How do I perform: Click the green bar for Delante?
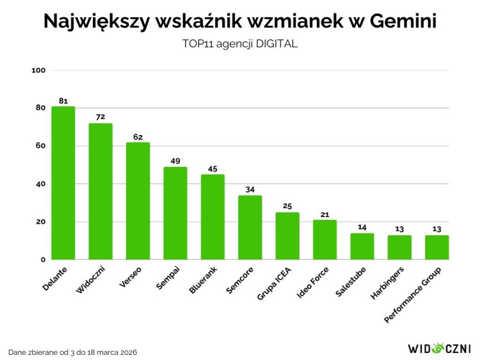point(63,183)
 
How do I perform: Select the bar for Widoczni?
point(100,191)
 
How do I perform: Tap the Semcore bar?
point(250,227)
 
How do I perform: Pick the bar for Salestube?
point(362,246)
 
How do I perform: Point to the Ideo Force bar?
point(324,240)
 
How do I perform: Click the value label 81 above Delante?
point(63,101)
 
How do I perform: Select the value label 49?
point(175,161)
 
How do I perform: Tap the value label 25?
point(287,207)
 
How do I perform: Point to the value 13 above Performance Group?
point(437,230)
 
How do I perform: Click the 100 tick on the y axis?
point(38,70)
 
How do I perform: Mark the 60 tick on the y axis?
point(40,146)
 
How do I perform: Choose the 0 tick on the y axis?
point(42,260)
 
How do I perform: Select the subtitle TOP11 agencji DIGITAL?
point(240,44)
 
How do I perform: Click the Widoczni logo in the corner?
point(438,348)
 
